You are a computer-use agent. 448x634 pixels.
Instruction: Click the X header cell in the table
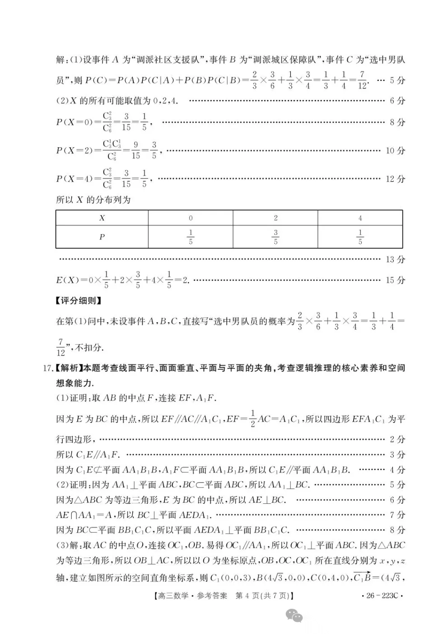102,218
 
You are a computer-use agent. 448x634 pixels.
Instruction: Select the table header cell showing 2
275,218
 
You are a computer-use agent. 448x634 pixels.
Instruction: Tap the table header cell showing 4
360,218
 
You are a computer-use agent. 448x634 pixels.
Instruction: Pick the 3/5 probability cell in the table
275,237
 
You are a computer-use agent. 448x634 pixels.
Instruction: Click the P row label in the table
102,237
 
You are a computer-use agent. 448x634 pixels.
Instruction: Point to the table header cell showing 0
191,218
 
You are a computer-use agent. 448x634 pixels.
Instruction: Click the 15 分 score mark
395,280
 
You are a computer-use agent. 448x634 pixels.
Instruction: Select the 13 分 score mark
395,259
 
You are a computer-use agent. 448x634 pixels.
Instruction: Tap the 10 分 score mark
395,150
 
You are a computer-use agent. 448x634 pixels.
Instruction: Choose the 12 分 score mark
395,179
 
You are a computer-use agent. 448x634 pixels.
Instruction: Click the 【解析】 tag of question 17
69,368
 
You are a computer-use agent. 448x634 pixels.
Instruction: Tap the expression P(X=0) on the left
74,122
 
